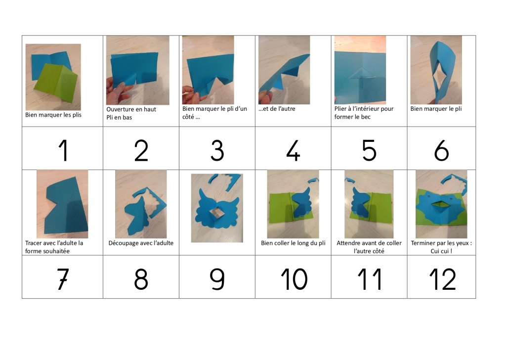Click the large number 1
64,150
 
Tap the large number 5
369,150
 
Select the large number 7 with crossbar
63,279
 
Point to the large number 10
294,279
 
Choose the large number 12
442,279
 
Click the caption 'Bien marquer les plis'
53,115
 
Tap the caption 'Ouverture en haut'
131,109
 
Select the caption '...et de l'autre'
277,109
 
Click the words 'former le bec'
352,117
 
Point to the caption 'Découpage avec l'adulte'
141,243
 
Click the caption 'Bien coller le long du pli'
293,243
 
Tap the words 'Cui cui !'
441,251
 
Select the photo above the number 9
217,208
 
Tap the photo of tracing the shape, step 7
62,204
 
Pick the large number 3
217,150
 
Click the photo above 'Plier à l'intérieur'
360,70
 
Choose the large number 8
141,279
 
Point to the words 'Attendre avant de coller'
369,243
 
